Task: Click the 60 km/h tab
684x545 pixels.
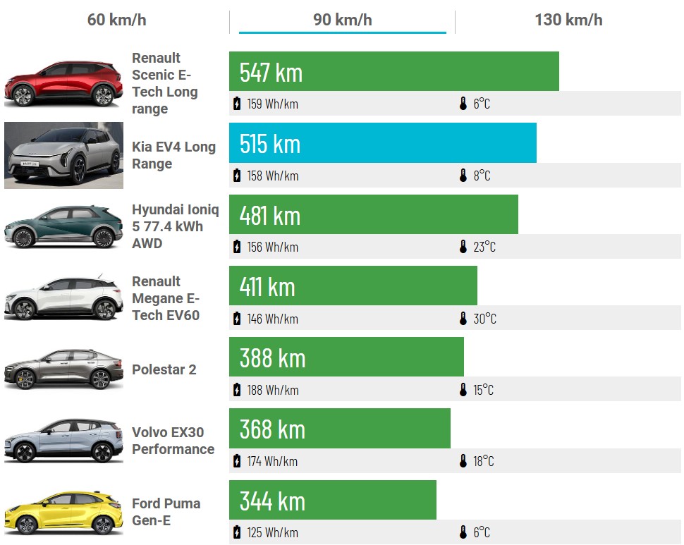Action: pos(116,20)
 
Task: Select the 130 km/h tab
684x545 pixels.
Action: pos(568,20)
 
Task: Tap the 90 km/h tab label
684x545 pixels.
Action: pos(342,20)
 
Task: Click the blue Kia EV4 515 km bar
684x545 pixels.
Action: pos(382,143)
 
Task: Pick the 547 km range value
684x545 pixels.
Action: pos(271,72)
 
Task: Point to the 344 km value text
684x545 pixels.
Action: pos(272,501)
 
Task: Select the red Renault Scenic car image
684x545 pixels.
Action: pos(63,83)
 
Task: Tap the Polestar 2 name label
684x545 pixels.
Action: pos(164,369)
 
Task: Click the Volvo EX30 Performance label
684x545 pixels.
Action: pos(173,441)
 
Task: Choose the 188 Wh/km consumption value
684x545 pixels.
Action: pos(272,390)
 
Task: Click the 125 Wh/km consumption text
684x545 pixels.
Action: pos(272,532)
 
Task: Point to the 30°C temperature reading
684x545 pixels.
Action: pos(484,319)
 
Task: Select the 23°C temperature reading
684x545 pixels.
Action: pos(484,247)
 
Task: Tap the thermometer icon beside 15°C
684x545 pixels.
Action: pos(463,390)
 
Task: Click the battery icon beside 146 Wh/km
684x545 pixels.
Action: pos(237,319)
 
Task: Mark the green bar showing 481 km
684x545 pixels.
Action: pos(373,215)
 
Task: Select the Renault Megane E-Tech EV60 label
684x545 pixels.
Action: pos(166,298)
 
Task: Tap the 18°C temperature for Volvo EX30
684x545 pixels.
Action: pos(483,461)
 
